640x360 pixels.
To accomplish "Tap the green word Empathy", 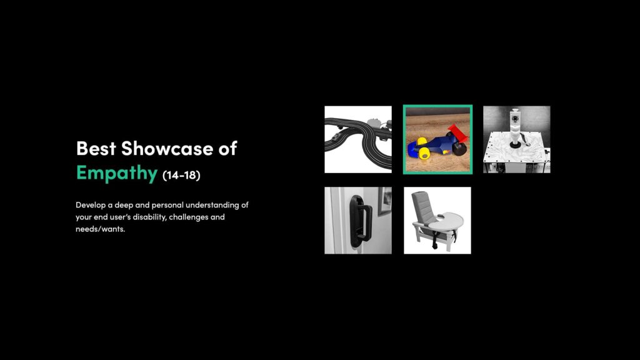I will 117,172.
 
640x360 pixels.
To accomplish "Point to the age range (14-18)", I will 181,175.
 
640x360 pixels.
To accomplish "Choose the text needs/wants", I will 100,229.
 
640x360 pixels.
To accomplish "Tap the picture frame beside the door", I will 385,200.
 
